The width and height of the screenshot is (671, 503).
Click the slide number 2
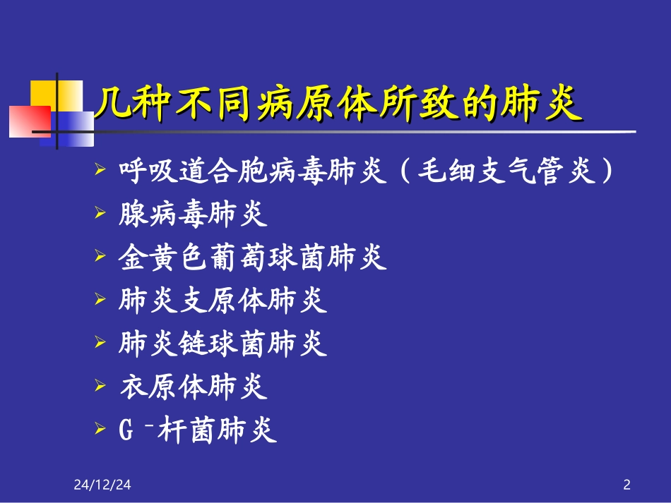coord(627,485)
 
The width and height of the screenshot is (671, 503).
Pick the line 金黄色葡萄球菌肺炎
coord(253,258)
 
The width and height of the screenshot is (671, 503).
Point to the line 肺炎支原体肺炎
coord(223,301)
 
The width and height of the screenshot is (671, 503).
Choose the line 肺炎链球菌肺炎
coord(223,344)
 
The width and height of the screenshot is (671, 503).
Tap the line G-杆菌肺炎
coord(198,430)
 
